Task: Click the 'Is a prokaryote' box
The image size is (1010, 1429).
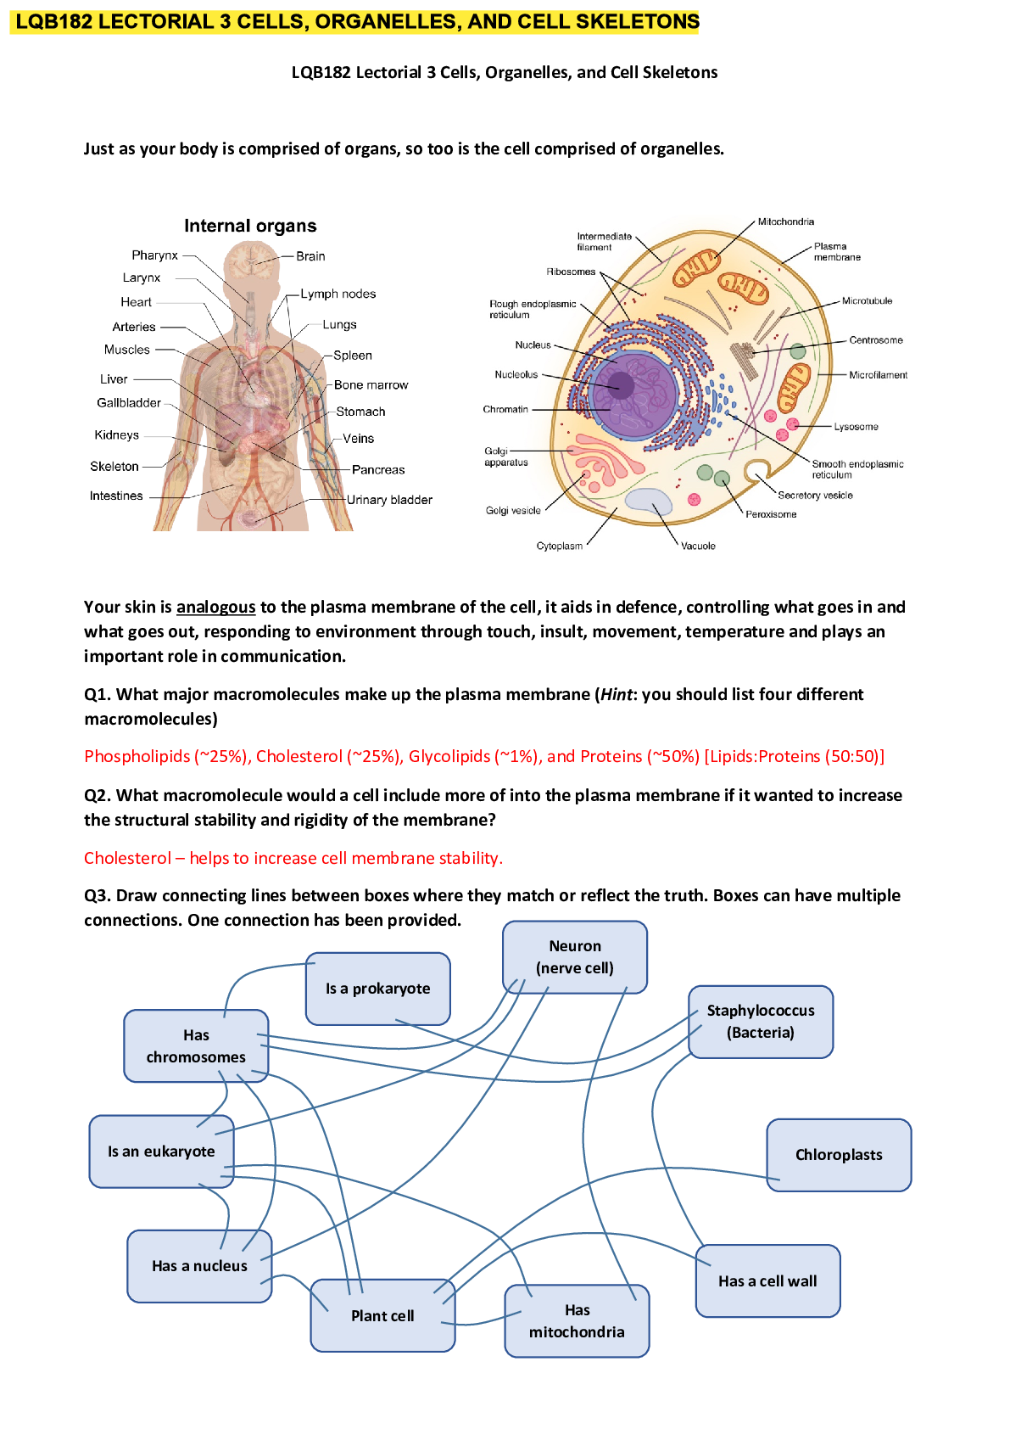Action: point(377,989)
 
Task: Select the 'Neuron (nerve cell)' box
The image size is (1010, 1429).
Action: point(575,957)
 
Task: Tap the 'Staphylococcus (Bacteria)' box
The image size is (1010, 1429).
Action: point(761,1022)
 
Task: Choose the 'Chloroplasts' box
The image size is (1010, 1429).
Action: point(839,1155)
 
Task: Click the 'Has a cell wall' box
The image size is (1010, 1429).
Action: point(767,1281)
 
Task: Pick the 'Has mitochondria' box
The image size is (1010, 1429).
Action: point(577,1321)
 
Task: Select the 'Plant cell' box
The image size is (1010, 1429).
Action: point(382,1316)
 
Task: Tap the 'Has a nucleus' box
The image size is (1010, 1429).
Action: point(199,1266)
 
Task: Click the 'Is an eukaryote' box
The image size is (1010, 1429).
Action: point(161,1152)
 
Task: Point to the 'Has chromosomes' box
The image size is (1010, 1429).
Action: point(196,1046)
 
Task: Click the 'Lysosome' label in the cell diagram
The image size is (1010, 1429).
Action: point(856,427)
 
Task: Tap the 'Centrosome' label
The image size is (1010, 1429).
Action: point(875,340)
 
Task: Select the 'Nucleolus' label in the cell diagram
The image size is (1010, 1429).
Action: point(516,374)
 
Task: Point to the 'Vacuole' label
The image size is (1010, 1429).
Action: point(698,546)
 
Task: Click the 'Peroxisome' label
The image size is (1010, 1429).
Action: point(771,514)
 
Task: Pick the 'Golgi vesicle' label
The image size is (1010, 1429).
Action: point(513,511)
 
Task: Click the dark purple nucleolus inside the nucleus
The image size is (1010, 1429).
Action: point(622,386)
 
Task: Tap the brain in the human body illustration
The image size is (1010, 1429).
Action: point(252,261)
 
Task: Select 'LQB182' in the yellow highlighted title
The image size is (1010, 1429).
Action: point(53,22)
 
